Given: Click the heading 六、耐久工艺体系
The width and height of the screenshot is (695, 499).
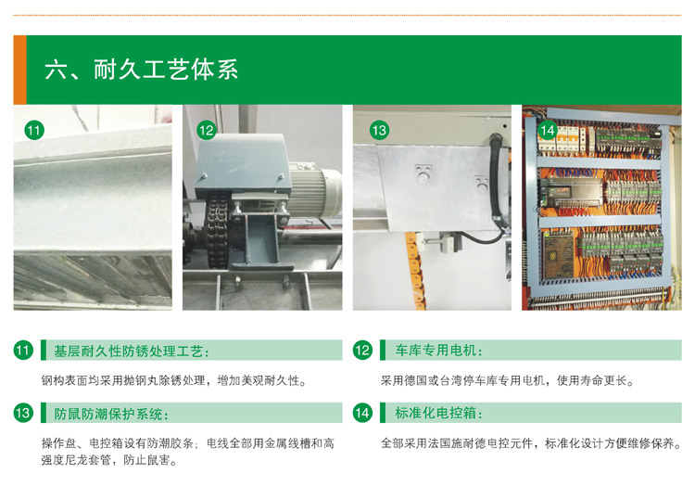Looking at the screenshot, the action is (142, 70).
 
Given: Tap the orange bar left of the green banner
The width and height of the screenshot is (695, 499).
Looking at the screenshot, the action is (20, 70).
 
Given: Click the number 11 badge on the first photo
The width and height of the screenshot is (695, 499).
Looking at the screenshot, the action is (34, 131).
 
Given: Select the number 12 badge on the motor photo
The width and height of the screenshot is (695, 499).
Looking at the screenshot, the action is (206, 131).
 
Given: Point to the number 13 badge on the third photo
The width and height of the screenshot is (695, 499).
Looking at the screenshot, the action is (379, 131).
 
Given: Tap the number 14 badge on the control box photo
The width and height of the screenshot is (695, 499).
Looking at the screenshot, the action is (548, 131).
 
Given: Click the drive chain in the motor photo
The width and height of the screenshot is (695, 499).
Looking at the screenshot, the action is (217, 228).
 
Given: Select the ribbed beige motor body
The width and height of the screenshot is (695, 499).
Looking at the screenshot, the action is (315, 192).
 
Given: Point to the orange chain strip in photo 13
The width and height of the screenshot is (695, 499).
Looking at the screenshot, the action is (416, 271).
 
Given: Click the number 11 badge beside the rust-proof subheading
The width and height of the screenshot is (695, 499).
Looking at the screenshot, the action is (23, 351).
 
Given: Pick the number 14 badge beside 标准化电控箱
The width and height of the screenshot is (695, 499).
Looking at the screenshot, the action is (362, 414).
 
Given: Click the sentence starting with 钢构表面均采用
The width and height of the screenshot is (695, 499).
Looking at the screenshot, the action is (174, 380).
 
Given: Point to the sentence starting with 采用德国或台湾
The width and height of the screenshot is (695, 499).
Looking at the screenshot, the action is (508, 380).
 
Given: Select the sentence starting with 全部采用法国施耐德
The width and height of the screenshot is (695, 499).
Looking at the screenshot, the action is (531, 443).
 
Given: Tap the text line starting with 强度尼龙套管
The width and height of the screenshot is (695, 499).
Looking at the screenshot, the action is (109, 460).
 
